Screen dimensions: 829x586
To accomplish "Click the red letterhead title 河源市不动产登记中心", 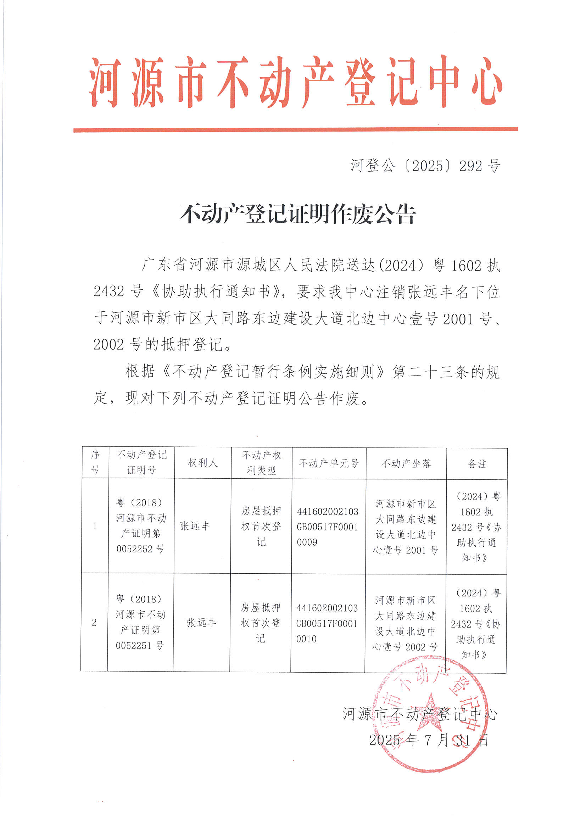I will coord(295,82).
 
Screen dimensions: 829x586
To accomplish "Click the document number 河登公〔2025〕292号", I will coord(425,166).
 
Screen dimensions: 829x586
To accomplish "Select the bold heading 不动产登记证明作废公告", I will coord(297,214).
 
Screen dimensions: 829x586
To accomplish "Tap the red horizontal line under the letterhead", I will coord(295,129).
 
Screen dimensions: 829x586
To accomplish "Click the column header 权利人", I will coord(202,463).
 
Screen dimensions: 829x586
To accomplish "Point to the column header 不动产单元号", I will coord(329,463).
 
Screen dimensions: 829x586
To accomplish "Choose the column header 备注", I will coord(476,463).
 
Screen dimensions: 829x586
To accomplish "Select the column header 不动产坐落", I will coord(406,463).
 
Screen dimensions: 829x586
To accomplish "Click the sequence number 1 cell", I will coord(95,526).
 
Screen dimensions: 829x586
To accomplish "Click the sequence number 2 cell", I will coord(94,622).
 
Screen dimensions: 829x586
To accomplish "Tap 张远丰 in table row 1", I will coord(195,526).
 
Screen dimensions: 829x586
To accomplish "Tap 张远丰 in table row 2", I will coord(201,622).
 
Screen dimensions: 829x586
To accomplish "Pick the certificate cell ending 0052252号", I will coord(141,526).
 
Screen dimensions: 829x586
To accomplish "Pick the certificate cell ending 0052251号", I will coord(140,622).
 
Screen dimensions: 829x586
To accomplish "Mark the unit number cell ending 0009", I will coord(328,527).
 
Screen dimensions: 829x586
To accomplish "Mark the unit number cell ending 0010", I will coord(327,623).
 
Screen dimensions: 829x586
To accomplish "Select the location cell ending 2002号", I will coord(405,623).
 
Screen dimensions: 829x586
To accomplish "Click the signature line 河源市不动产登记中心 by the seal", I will coord(420,714).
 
